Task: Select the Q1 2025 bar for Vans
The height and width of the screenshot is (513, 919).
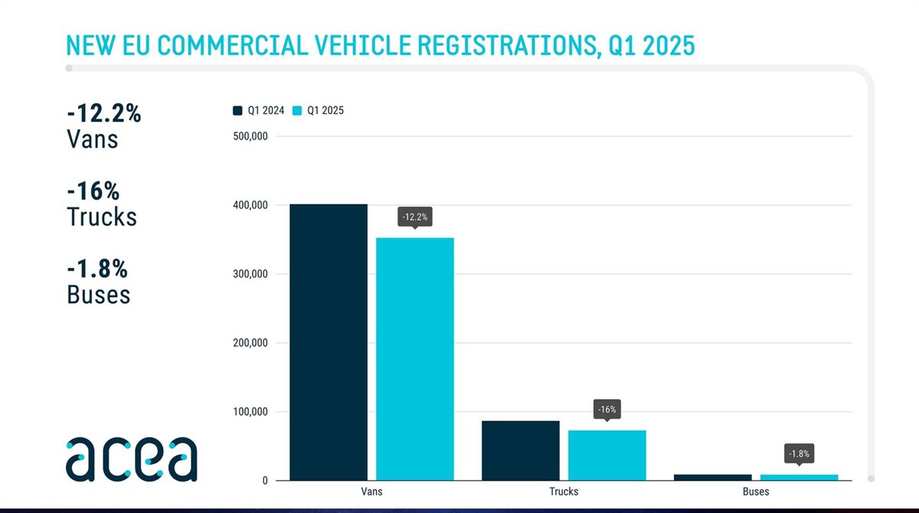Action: point(414,359)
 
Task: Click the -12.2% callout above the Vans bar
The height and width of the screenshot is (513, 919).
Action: point(415,217)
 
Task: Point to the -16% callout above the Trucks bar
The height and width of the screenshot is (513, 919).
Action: point(607,410)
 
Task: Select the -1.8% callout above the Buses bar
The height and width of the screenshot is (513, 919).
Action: point(799,453)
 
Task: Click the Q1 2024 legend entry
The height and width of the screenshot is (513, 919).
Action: point(259,110)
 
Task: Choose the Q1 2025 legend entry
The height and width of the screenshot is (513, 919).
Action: point(319,110)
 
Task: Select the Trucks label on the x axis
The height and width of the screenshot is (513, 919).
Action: point(564,492)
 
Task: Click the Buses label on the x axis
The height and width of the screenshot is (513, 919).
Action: point(756,492)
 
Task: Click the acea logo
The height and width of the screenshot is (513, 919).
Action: point(131,459)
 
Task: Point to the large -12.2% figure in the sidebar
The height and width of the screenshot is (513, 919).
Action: point(104,113)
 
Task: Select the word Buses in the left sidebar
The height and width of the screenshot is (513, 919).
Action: point(99,295)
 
